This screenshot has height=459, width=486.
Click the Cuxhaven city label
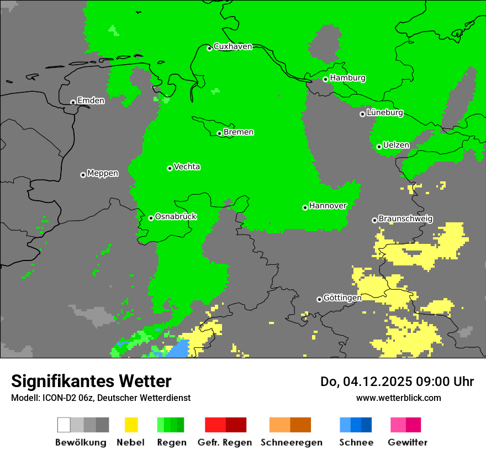point(233,46)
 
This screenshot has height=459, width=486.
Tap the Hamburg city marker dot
point(325,79)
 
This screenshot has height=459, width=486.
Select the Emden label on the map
point(91,101)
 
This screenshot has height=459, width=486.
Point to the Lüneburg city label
point(385,113)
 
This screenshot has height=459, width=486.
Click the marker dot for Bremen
point(219,133)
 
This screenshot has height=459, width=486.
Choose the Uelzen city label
point(397,145)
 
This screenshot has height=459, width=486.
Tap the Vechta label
point(187,166)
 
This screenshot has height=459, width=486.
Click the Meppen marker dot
point(83,175)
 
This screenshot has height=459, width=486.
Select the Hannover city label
point(328,206)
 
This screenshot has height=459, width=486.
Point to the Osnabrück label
point(176,217)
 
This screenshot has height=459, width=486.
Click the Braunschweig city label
point(405,219)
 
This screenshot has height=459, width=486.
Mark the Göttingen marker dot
point(319,299)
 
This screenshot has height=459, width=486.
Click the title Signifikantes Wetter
point(91,382)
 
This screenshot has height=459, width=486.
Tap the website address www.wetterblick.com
point(398,398)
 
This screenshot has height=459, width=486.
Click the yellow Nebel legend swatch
point(131,425)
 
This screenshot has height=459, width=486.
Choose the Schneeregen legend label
point(291,442)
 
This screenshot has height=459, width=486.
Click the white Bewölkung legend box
point(64,425)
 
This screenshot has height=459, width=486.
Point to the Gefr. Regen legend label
point(225,442)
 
